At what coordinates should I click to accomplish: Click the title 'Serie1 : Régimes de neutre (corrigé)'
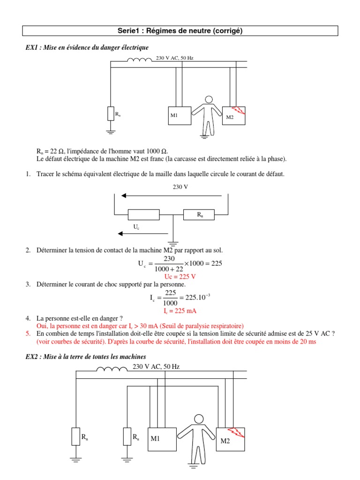180,31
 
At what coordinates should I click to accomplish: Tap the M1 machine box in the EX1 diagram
180,115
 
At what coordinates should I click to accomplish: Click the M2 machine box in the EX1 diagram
233,115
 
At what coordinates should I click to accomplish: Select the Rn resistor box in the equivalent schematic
199,215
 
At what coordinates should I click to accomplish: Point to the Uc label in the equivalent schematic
136,226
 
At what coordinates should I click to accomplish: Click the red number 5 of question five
28,333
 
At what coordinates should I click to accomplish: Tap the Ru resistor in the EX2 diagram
127,436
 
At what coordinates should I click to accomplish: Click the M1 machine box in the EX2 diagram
162,439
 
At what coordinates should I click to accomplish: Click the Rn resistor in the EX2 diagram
75,436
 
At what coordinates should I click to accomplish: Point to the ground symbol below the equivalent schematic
173,243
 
